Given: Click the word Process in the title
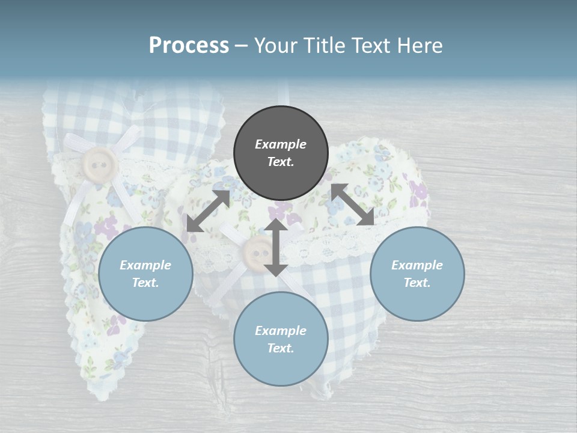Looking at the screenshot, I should coord(189,46).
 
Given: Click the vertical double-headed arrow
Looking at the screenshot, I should coord(276,247).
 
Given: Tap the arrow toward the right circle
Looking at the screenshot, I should coord(353,204).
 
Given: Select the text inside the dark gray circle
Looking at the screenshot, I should coord(281,153).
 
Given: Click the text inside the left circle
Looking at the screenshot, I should coord(145,274).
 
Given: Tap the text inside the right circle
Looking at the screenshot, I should coord(417,274).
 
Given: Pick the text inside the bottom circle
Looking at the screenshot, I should coord(281,339).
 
